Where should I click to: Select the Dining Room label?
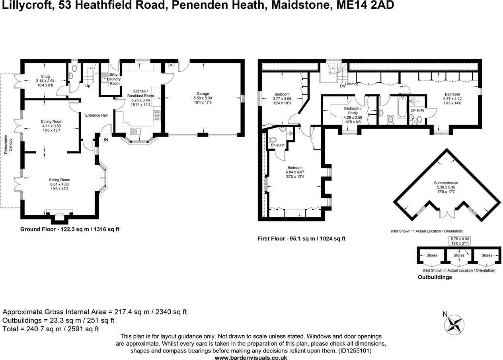(51, 121)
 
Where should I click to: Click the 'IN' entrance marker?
(106, 140)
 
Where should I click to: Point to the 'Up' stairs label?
(88, 86)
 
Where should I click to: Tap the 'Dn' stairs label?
(342, 86)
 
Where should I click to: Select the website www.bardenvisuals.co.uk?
(251, 358)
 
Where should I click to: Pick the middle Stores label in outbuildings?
(459, 255)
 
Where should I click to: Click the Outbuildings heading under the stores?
(435, 277)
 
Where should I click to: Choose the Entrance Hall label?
(96, 115)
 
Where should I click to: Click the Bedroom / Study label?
(353, 111)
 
